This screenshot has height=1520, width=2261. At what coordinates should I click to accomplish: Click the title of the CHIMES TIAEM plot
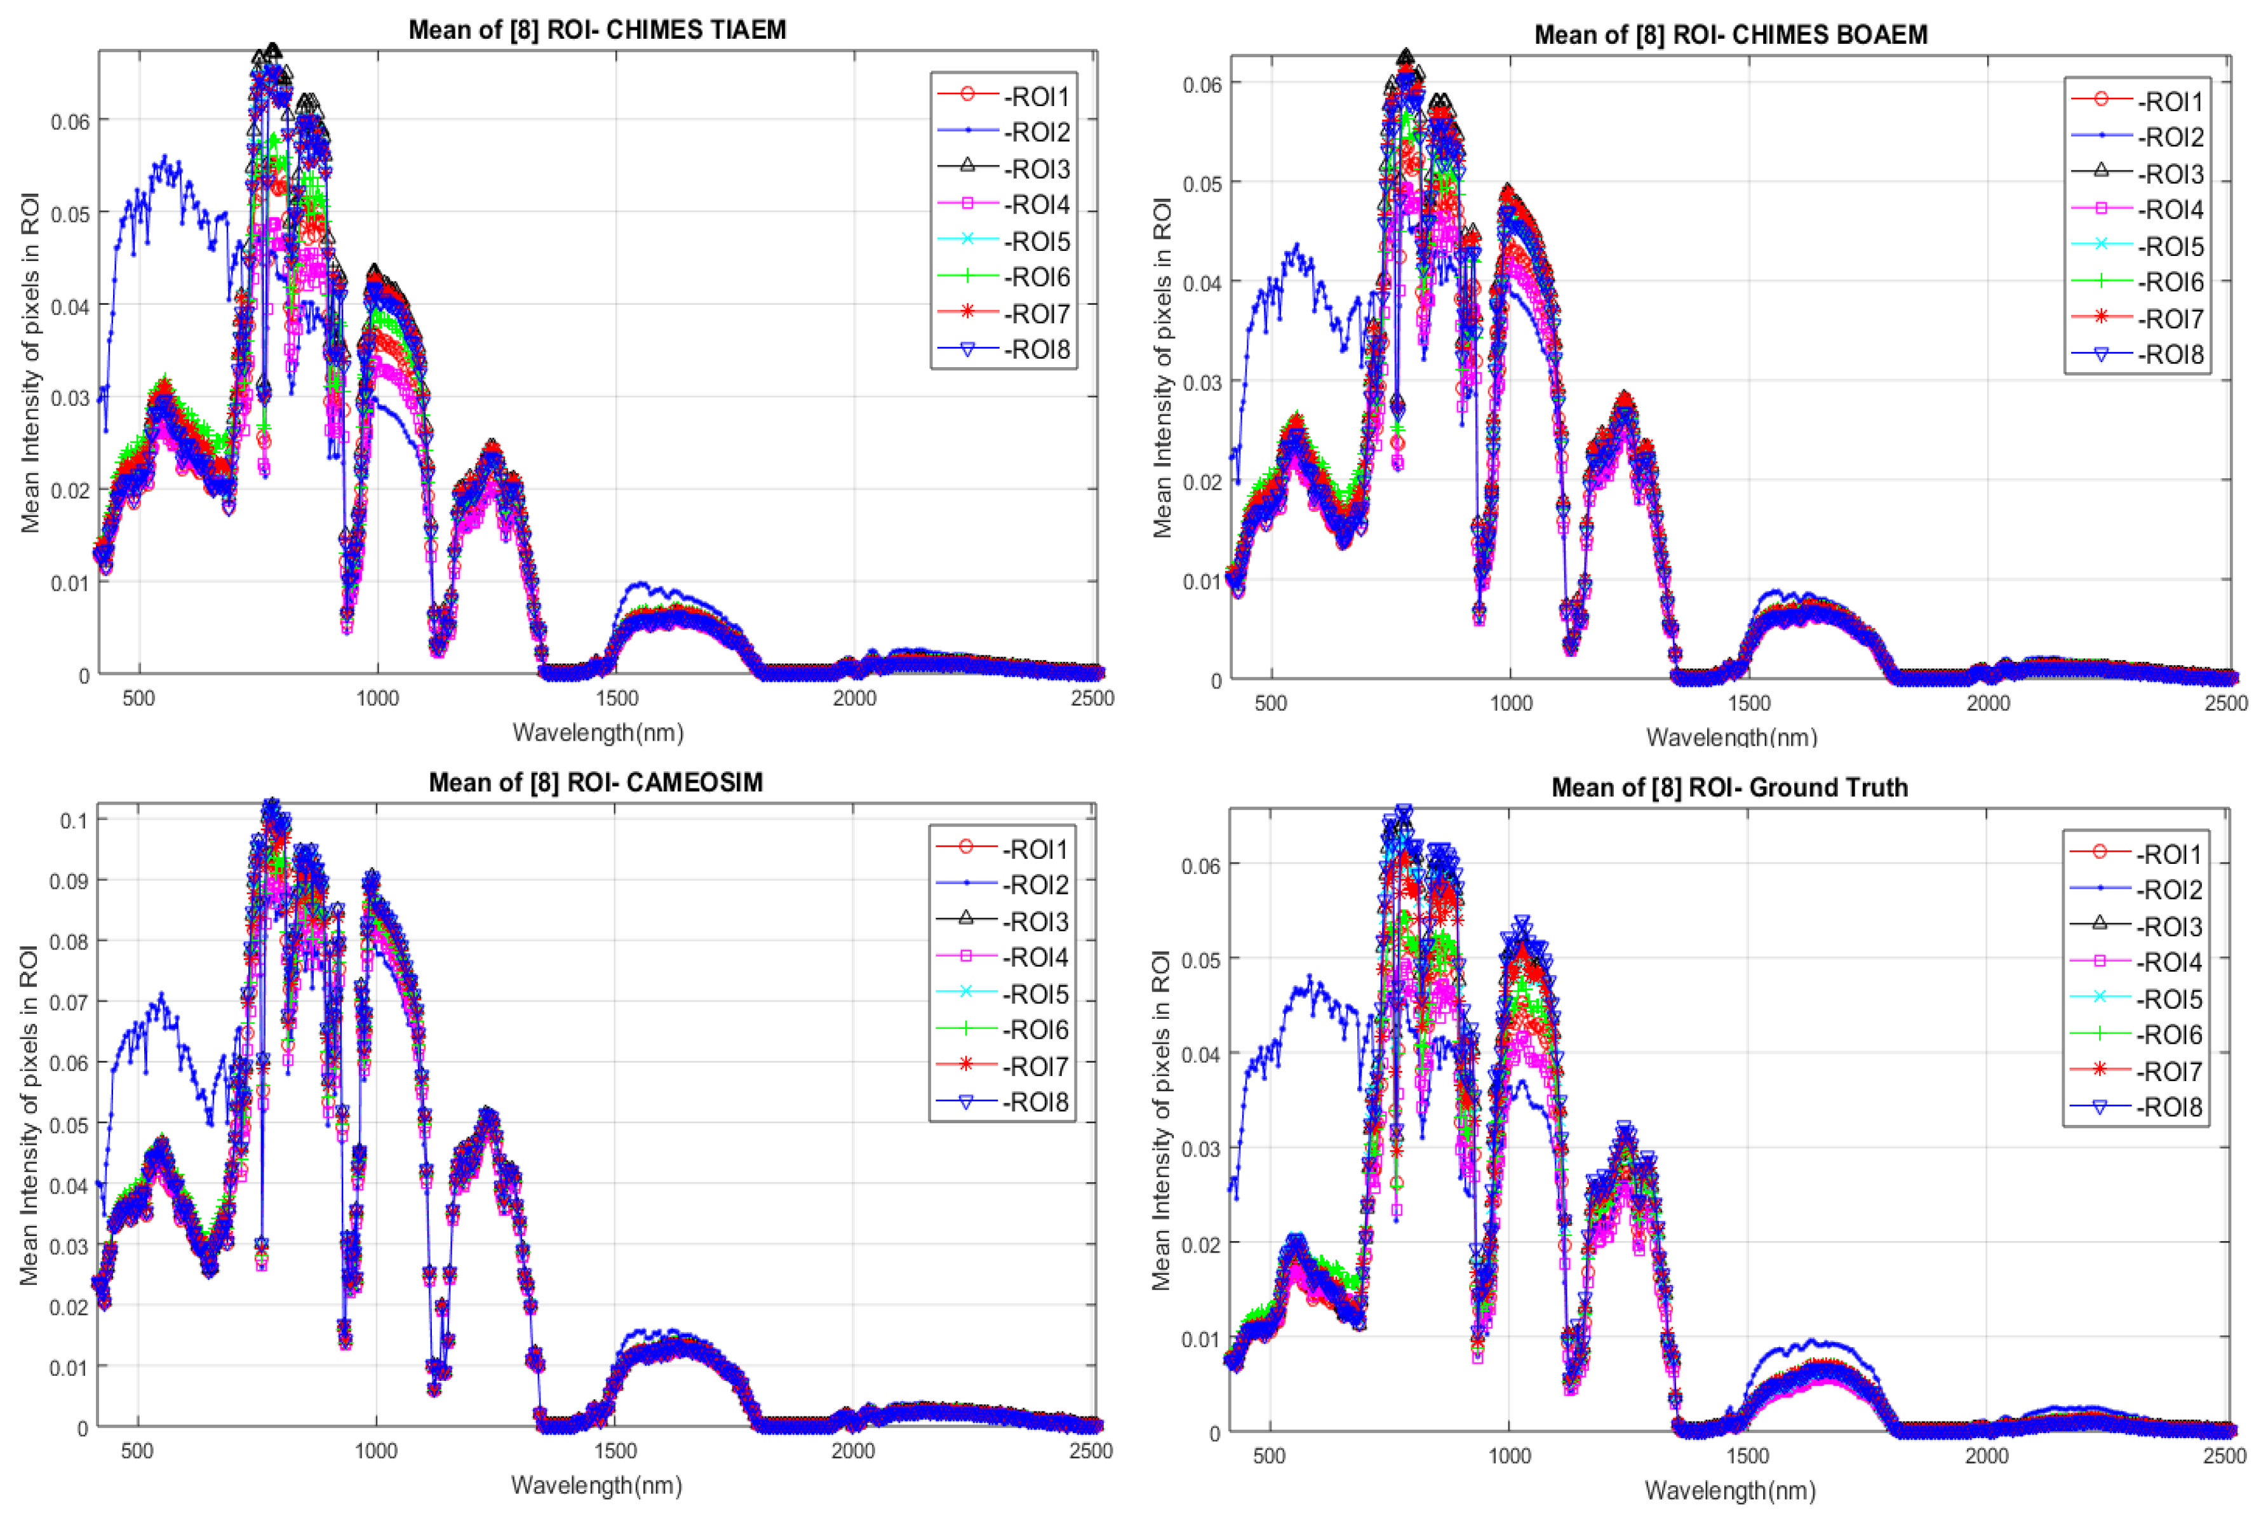click(x=597, y=29)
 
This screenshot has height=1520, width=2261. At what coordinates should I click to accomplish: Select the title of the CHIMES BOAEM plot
click(x=1730, y=35)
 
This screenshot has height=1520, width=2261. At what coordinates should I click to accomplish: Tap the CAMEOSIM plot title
click(x=595, y=783)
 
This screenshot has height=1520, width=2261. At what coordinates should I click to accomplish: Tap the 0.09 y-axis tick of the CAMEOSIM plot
click(x=69, y=881)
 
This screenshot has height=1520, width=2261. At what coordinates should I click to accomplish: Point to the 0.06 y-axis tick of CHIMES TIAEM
click(x=70, y=122)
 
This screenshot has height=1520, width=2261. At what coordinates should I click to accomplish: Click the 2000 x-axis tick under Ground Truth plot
click(x=1986, y=1456)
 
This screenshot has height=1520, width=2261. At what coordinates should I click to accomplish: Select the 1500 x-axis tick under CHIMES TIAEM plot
click(x=616, y=699)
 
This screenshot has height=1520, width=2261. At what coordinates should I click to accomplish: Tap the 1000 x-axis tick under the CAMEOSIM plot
click(x=375, y=1451)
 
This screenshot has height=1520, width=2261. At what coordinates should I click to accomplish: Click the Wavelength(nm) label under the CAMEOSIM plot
click(x=596, y=1485)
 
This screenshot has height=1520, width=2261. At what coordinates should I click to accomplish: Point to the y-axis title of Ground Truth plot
click(x=1161, y=1120)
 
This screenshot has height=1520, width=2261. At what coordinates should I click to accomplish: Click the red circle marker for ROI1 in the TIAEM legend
click(x=967, y=94)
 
